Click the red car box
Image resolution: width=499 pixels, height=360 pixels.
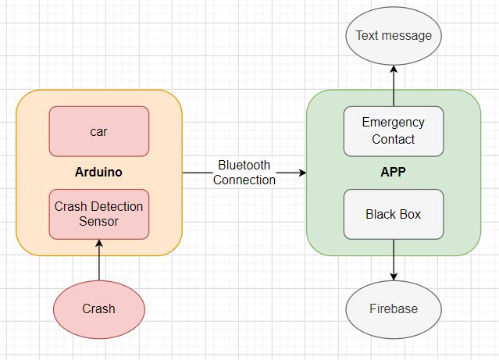[x=98, y=131]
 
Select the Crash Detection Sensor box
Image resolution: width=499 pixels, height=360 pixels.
[x=98, y=214]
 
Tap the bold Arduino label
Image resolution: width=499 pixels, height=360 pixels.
[x=98, y=172]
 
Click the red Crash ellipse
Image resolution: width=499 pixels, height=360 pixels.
[x=98, y=308]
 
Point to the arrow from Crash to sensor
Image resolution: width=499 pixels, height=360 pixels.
[x=99, y=262]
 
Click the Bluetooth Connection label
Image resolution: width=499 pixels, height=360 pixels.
[x=244, y=173]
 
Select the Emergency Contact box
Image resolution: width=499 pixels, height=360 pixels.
[x=394, y=131]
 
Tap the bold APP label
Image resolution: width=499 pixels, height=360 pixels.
[x=394, y=172]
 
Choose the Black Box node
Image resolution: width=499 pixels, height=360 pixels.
[x=394, y=214]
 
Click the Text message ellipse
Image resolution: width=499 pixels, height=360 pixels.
[x=394, y=36]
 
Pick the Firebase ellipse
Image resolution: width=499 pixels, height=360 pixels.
[x=394, y=308]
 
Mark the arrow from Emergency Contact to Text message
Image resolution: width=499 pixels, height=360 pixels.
[x=394, y=86]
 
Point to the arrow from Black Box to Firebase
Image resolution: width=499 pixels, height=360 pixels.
[x=394, y=259]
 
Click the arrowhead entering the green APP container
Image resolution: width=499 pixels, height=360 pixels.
[x=301, y=173]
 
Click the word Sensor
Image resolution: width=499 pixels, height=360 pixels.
[x=98, y=221]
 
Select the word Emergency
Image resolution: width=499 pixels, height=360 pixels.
[x=394, y=123]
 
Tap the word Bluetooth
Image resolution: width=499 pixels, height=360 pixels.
[x=244, y=166]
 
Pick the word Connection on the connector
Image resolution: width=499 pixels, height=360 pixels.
[x=244, y=180]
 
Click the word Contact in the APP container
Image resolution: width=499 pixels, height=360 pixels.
[x=394, y=140]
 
